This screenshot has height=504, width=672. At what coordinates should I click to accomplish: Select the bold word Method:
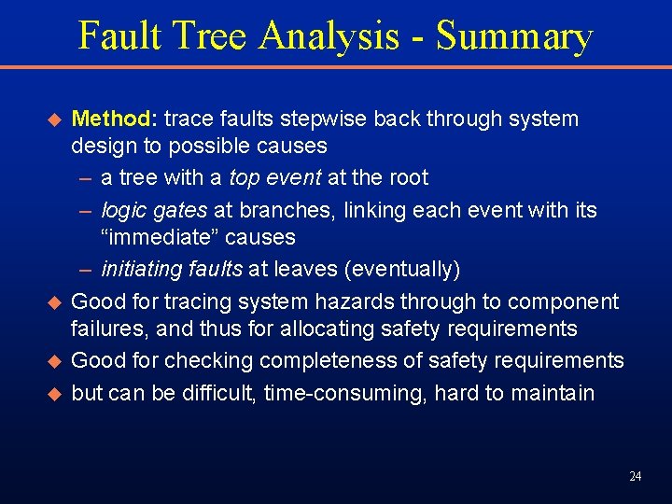[x=115, y=119]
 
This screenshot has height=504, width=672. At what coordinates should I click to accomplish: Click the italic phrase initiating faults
[x=172, y=270]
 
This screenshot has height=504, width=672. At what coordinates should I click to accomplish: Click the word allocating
[x=329, y=329]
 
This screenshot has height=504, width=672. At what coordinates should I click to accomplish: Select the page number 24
[x=635, y=477]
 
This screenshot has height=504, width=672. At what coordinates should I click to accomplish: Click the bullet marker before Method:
[x=53, y=120]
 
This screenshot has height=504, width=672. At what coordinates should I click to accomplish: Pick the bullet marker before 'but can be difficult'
[x=53, y=394]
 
